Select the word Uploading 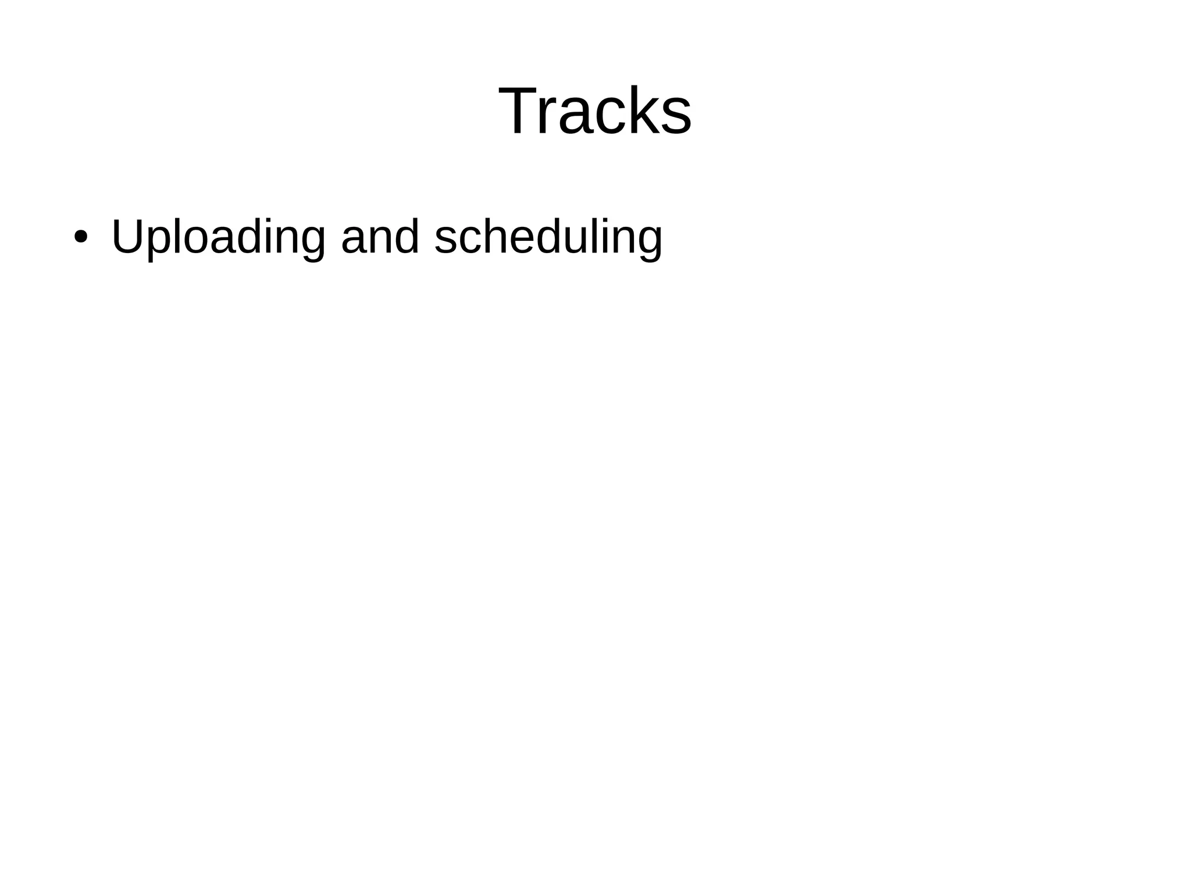[x=218, y=237]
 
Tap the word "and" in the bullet [x=380, y=237]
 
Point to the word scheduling [x=548, y=237]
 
